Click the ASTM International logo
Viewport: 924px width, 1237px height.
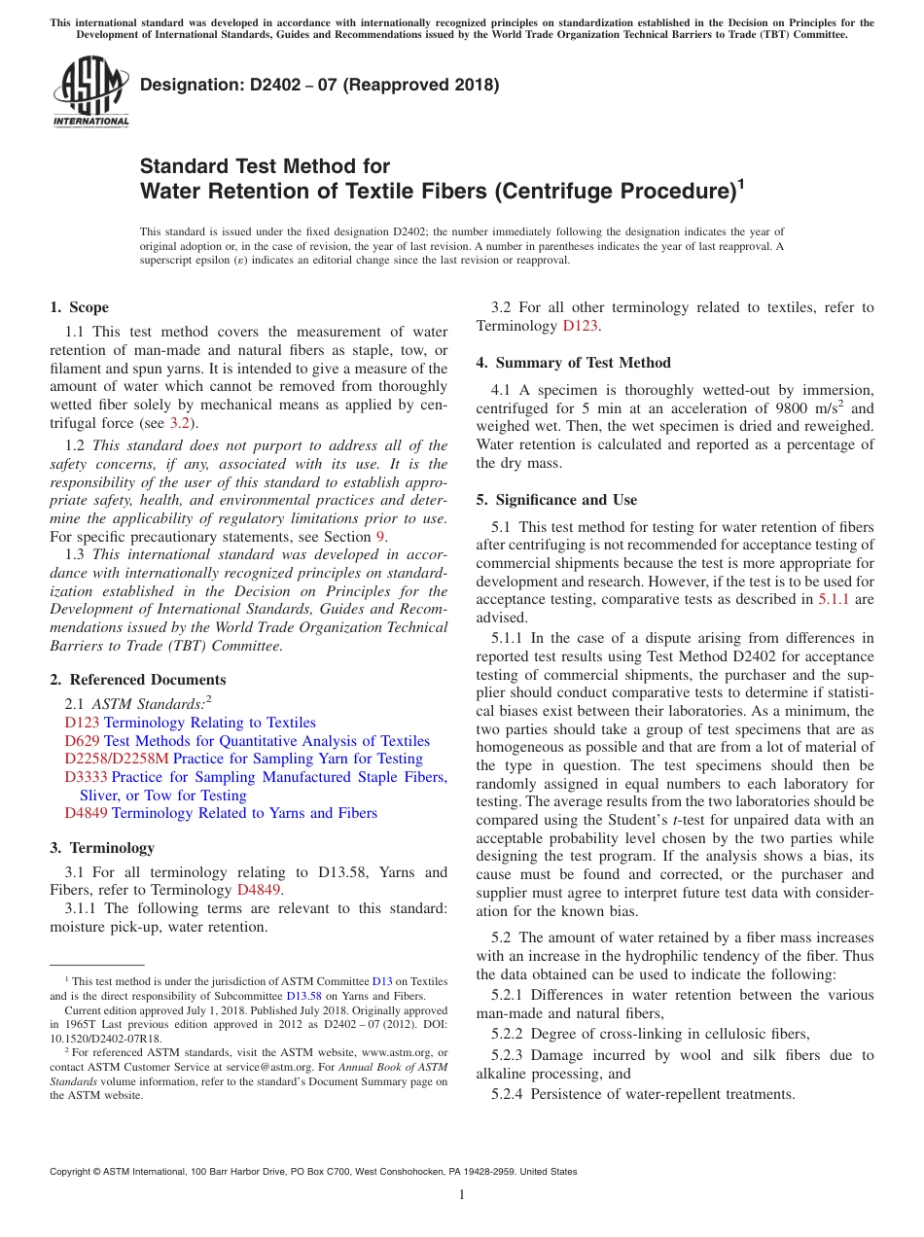point(90,91)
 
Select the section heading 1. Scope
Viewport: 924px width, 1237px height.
point(79,307)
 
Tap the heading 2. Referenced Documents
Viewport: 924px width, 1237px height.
point(137,680)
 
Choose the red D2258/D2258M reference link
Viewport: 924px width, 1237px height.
point(117,759)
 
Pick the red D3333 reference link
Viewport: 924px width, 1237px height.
point(86,777)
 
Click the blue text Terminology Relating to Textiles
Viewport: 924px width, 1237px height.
point(209,723)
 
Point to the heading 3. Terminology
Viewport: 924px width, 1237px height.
point(101,848)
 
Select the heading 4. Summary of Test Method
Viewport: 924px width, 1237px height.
point(573,363)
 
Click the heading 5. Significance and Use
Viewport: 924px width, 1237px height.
point(556,500)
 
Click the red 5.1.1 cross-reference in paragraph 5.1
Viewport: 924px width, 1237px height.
point(832,599)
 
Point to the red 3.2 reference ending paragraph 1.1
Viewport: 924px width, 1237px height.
point(180,423)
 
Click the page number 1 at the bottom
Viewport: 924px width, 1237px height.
point(462,1194)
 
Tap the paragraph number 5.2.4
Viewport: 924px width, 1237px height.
point(508,1094)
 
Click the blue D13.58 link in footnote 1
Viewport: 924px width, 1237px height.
point(303,996)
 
